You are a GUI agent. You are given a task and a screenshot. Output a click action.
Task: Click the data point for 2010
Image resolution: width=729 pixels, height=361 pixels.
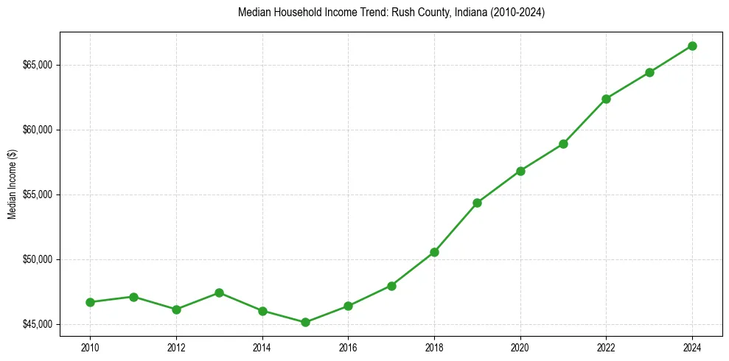(90, 302)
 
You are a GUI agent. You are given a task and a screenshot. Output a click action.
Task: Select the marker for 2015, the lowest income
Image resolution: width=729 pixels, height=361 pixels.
(305, 322)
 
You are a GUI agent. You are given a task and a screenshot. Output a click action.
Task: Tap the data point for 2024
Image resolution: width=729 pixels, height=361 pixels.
(692, 46)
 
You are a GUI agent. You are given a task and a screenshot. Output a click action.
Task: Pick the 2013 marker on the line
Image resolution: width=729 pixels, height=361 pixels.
(219, 292)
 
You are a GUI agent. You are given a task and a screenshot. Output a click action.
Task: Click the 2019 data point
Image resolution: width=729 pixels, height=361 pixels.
(477, 203)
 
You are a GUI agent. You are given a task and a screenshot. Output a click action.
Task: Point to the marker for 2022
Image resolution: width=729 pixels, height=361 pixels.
(606, 99)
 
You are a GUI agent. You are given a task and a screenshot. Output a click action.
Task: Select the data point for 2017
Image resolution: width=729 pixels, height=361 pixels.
(391, 286)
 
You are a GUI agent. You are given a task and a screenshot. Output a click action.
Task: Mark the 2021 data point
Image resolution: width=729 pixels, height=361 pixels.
(563, 144)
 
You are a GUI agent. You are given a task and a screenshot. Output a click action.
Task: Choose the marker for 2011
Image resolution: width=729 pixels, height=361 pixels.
(133, 297)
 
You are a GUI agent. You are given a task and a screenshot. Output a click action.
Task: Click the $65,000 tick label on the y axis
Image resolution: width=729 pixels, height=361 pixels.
(38, 65)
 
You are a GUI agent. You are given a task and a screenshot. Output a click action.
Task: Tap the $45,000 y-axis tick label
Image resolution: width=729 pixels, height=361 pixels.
(38, 324)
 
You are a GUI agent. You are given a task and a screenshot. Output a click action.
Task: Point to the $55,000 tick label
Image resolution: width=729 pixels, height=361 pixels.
(38, 194)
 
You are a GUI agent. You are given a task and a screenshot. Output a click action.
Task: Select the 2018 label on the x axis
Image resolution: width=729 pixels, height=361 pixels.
(434, 346)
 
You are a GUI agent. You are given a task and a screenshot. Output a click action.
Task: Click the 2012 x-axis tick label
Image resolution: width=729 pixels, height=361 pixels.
(176, 346)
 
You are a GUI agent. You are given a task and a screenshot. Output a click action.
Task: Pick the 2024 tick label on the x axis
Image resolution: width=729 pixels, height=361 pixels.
(692, 346)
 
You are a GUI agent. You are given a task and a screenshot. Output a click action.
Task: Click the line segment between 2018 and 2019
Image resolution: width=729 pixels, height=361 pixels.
(456, 228)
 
